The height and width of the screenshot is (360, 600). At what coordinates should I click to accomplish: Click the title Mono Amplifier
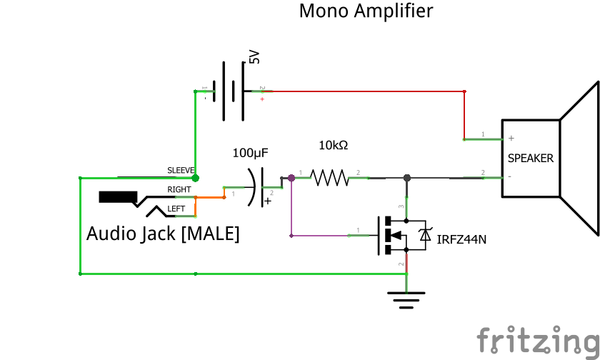365,11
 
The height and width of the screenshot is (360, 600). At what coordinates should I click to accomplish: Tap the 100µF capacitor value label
250,152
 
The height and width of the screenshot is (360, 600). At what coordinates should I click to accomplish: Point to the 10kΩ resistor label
333,146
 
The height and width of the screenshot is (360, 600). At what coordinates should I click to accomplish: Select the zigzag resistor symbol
328,177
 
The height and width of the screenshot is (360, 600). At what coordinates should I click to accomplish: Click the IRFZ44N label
461,239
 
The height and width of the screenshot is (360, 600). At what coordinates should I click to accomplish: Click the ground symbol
406,299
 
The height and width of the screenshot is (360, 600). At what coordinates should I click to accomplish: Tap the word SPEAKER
530,159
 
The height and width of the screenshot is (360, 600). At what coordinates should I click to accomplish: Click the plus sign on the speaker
511,138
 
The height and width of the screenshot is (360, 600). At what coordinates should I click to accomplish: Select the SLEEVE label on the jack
181,170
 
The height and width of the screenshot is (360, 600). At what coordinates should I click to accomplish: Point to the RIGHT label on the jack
179,189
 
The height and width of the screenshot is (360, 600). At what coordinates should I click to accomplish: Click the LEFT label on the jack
176,209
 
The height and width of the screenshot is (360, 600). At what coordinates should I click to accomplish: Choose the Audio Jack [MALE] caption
163,234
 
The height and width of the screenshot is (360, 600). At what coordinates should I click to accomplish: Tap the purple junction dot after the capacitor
291,177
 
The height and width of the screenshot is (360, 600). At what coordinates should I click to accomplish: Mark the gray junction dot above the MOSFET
406,177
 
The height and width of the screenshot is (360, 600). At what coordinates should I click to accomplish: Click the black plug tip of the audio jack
118,197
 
